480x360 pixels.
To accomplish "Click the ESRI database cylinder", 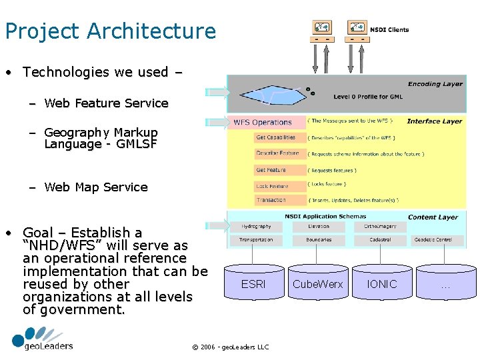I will [253, 284].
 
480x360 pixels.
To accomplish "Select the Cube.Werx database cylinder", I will [318, 284].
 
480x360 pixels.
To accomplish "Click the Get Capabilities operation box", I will [276, 138].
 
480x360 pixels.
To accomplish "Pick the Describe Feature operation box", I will [277, 153].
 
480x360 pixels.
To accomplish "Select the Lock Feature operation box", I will [272, 186].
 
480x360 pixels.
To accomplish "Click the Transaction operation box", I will [271, 200].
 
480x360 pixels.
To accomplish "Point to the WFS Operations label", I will [263, 123].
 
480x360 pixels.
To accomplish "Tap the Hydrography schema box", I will [256, 227].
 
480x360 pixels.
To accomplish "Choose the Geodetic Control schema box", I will [433, 240].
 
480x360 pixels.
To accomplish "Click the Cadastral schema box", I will [381, 240].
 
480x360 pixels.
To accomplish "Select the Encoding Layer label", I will [435, 84].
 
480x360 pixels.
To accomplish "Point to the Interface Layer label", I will [434, 121].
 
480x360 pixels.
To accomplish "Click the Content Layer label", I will [433, 217].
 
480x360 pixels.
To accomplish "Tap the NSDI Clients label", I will [389, 30].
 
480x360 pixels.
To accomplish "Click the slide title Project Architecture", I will [110, 31].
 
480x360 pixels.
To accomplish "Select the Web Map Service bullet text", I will [96, 187].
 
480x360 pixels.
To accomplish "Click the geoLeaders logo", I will [42, 339].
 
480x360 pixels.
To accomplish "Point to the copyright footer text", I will [230, 347].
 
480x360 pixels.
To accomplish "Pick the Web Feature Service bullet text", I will [106, 103].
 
